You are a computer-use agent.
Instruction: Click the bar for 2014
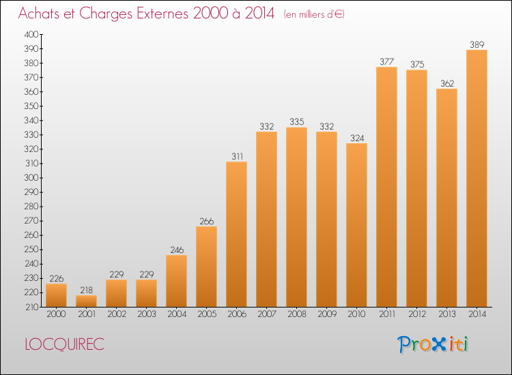(477, 179)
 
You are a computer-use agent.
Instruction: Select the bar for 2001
(86, 301)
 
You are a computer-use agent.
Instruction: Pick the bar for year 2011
(386, 187)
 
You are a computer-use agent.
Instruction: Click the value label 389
(477, 45)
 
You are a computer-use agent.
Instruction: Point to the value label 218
(86, 290)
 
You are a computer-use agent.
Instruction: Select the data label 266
(206, 221)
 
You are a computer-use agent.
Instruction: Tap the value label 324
(356, 138)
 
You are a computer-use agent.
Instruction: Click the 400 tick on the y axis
(31, 34)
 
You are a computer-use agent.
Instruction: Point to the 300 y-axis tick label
(31, 178)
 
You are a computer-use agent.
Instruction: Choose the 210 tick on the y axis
(31, 307)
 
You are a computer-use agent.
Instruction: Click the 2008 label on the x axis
(296, 314)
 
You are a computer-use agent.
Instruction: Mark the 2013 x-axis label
(446, 314)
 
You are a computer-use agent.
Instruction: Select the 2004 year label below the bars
(176, 314)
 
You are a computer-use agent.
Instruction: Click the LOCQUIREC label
(65, 344)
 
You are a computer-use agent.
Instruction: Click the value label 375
(416, 65)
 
